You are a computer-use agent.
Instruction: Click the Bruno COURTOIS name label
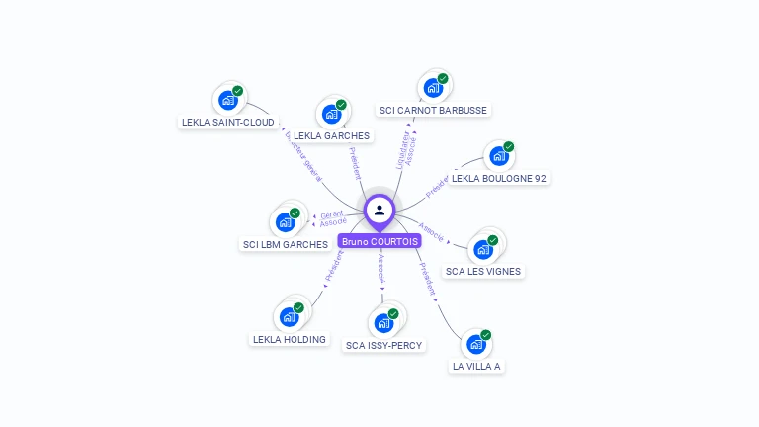[379, 241]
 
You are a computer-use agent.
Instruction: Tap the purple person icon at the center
[379, 210]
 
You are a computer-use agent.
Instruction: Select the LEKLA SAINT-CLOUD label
[228, 123]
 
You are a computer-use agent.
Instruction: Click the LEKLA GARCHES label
[332, 136]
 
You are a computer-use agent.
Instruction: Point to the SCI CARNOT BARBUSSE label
[433, 111]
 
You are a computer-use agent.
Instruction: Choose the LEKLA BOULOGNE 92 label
[499, 179]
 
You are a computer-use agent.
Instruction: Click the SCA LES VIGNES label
[483, 271]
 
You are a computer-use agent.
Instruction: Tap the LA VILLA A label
[476, 366]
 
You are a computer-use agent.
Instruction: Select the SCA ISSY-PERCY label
[383, 346]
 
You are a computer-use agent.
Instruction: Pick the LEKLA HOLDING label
[289, 340]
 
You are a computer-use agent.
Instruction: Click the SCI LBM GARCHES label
[286, 244]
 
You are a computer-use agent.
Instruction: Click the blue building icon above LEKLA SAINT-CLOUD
[228, 100]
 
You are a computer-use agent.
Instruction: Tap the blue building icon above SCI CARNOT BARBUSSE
[433, 88]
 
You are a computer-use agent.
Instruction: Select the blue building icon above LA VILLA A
[476, 345]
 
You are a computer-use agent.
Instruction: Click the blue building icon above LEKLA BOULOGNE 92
[499, 156]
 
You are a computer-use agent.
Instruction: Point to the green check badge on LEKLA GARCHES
[341, 105]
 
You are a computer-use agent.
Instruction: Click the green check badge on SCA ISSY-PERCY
[393, 313]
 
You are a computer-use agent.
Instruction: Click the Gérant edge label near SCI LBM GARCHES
[333, 214]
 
